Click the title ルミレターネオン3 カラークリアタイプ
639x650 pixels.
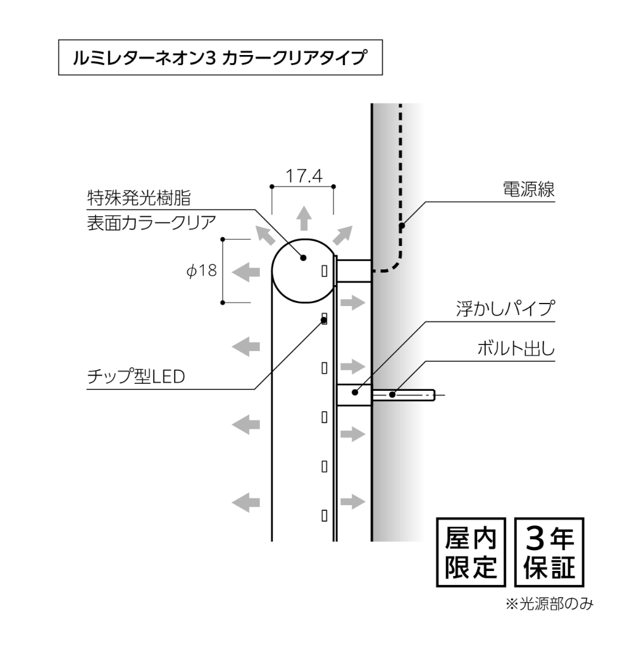220,57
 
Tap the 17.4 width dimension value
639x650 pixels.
304,176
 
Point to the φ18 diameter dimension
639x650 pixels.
202,271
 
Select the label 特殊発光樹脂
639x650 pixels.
139,198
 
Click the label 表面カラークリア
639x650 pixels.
151,223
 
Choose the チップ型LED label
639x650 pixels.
135,376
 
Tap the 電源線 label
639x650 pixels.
529,190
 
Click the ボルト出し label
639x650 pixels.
516,348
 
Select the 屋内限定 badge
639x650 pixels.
471,552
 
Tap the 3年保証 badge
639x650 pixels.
549,552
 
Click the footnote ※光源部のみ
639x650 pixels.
549,604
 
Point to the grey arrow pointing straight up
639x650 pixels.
304,218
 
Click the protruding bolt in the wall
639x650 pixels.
404,395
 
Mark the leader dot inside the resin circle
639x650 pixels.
303,258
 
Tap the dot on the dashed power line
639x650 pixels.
401,226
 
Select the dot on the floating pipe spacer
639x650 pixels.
355,392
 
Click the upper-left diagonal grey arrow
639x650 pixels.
265,235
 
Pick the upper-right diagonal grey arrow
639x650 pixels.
342,235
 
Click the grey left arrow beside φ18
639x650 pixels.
245,273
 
